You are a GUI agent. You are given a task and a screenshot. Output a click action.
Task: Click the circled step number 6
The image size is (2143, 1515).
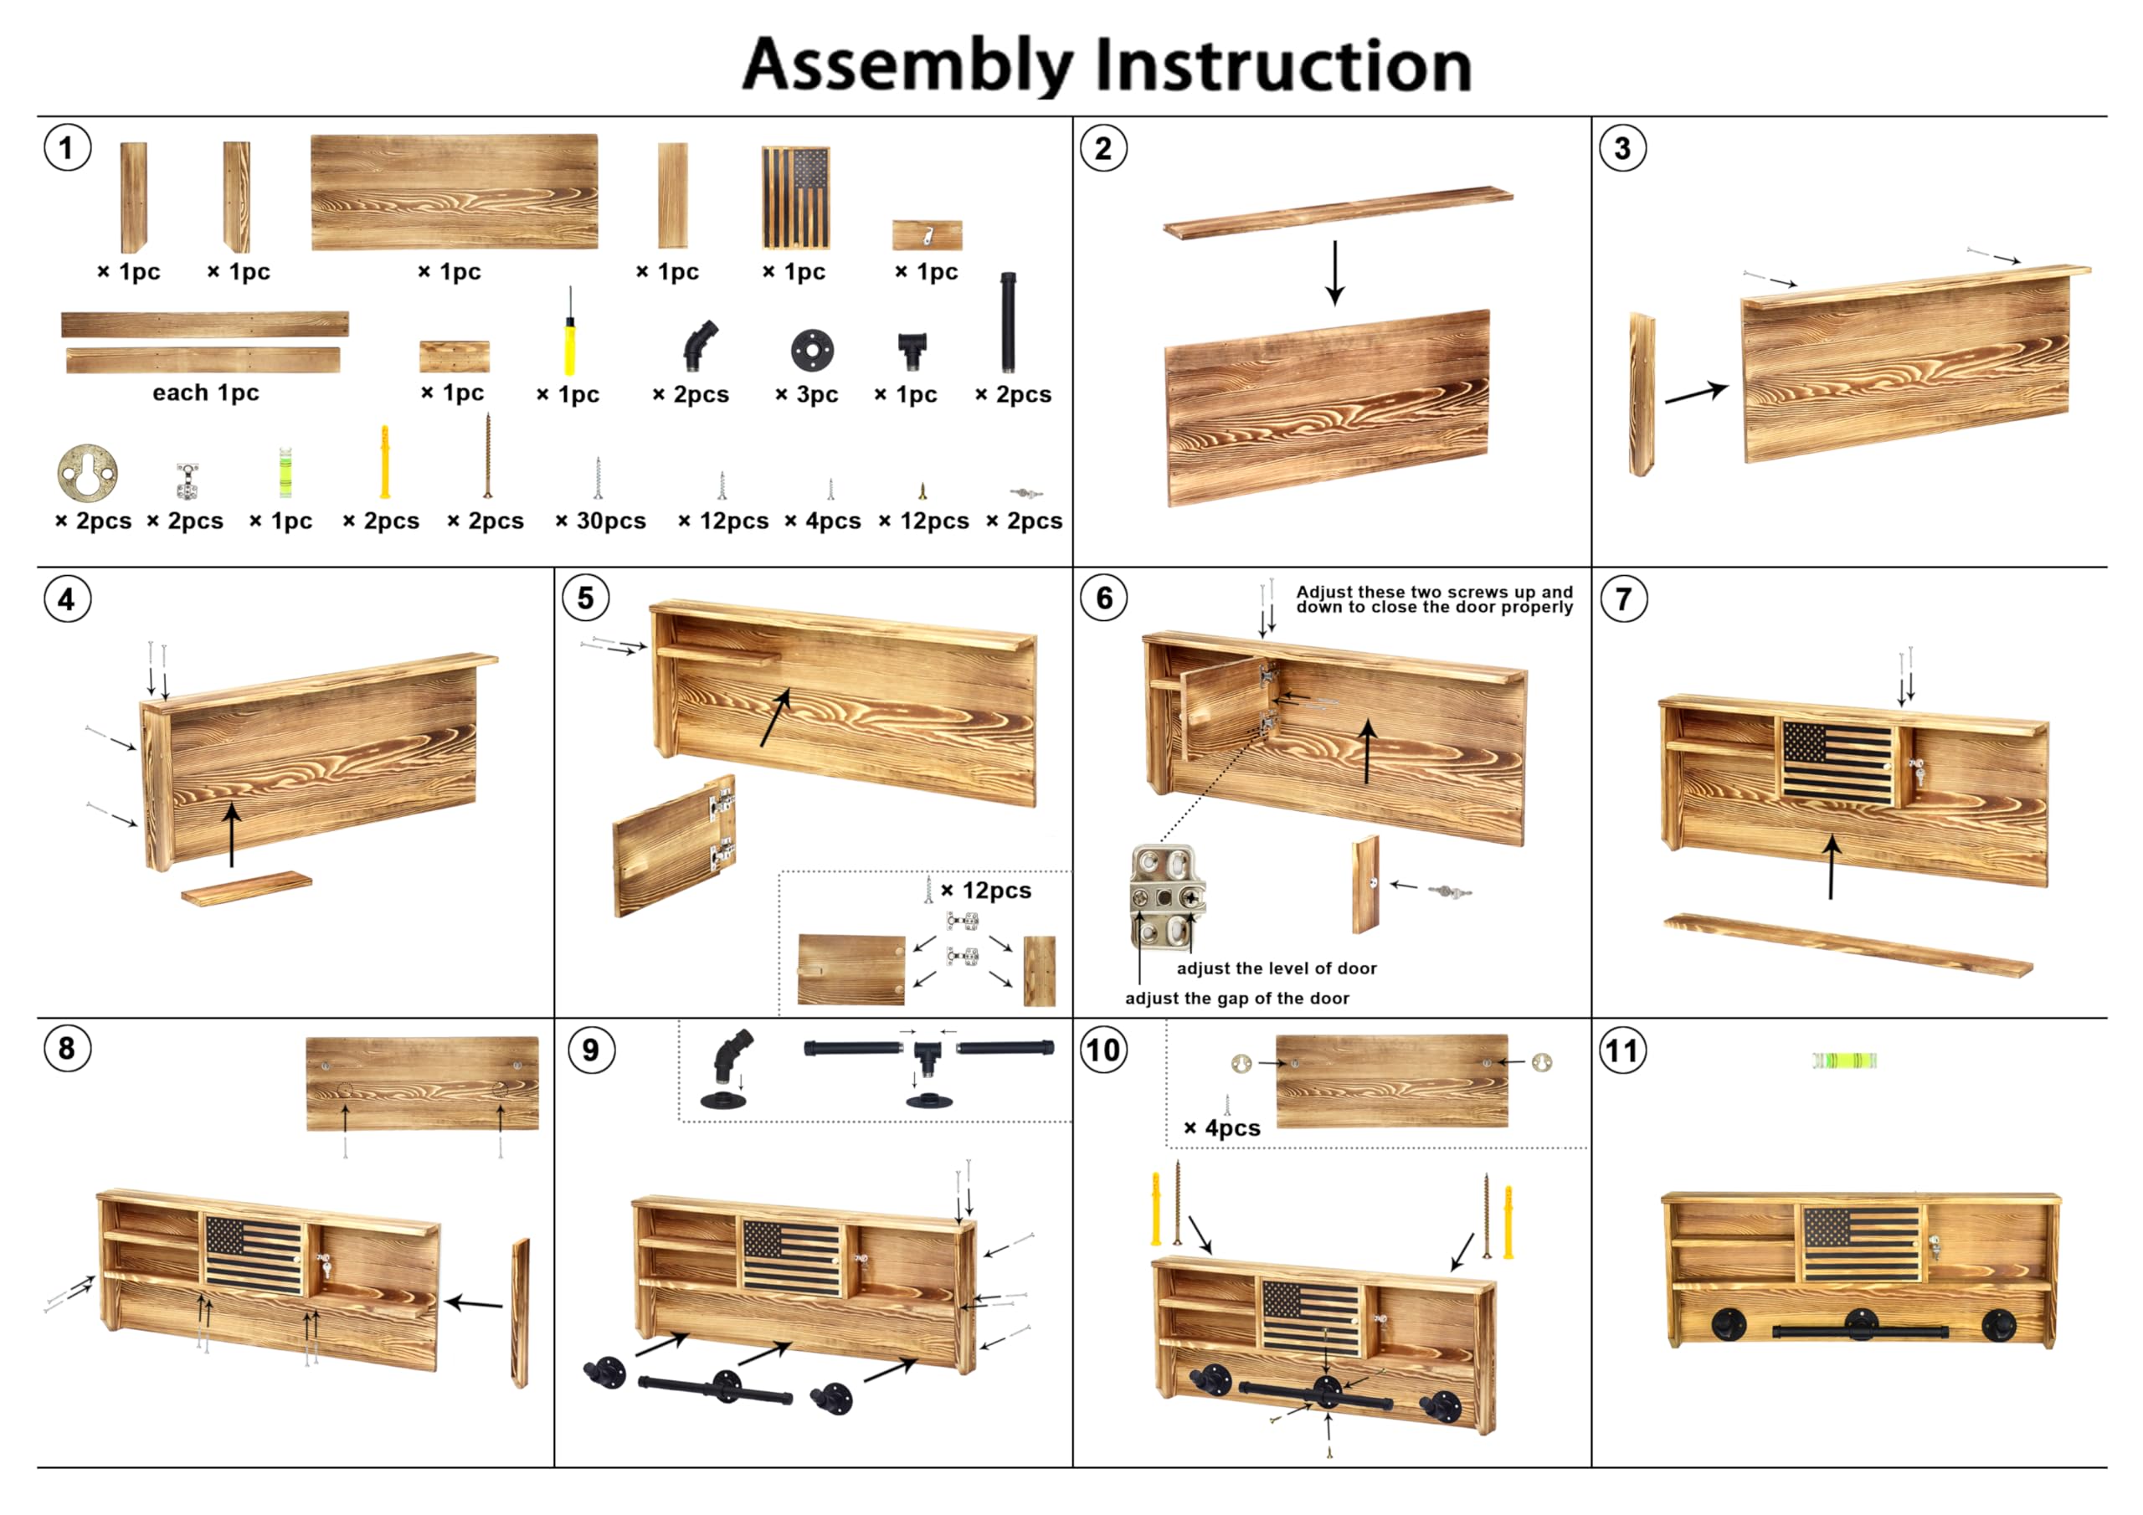[x=1103, y=598]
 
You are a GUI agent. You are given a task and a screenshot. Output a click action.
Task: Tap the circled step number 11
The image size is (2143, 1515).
[x=1622, y=1050]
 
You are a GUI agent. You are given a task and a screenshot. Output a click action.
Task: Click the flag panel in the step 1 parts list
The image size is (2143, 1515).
[x=795, y=198]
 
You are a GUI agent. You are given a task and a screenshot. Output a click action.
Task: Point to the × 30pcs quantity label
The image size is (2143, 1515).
[x=601, y=521]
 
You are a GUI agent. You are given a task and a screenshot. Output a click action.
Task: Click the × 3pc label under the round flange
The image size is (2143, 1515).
[x=806, y=395]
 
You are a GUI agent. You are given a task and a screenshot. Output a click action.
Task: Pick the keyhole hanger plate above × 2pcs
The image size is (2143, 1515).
[x=88, y=473]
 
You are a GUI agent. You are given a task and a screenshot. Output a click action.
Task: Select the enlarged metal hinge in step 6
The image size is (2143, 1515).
[x=1168, y=896]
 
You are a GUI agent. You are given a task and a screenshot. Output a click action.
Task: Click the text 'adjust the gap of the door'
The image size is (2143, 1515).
[x=1236, y=999]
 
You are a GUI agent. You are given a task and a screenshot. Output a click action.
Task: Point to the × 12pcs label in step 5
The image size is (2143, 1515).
[x=987, y=891]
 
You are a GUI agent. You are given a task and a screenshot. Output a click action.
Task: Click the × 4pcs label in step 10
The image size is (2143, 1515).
[x=1222, y=1128]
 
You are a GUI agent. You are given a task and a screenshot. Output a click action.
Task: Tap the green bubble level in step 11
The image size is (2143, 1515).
[x=1843, y=1060]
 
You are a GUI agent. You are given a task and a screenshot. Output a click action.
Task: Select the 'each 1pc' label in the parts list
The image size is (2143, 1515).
[x=206, y=393]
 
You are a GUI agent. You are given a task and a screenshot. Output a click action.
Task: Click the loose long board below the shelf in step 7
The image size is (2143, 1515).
[x=1848, y=946]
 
